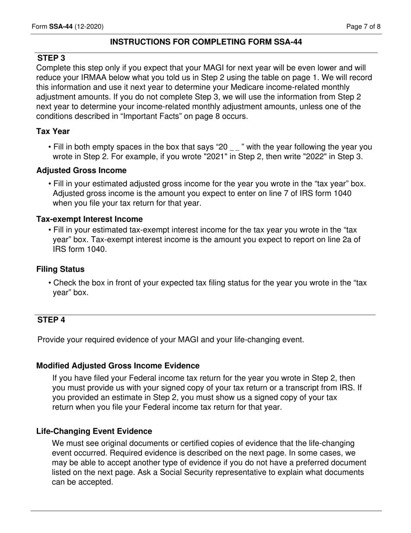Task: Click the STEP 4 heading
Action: pyautogui.click(x=51, y=320)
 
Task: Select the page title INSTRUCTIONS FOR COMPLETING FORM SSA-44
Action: pyautogui.click(x=206, y=42)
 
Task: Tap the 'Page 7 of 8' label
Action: pyautogui.click(x=363, y=27)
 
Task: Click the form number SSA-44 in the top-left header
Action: pyautogui.click(x=61, y=27)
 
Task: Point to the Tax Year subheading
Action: pyautogui.click(x=53, y=131)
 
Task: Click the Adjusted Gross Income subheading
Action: pyautogui.click(x=81, y=170)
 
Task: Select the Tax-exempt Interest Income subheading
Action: pyautogui.click(x=89, y=219)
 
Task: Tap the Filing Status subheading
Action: pyautogui.click(x=60, y=270)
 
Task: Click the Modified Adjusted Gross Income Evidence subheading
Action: pyautogui.click(x=118, y=366)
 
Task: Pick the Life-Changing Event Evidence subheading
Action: pyautogui.click(x=94, y=432)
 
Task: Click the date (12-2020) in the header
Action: pyautogui.click(x=89, y=27)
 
